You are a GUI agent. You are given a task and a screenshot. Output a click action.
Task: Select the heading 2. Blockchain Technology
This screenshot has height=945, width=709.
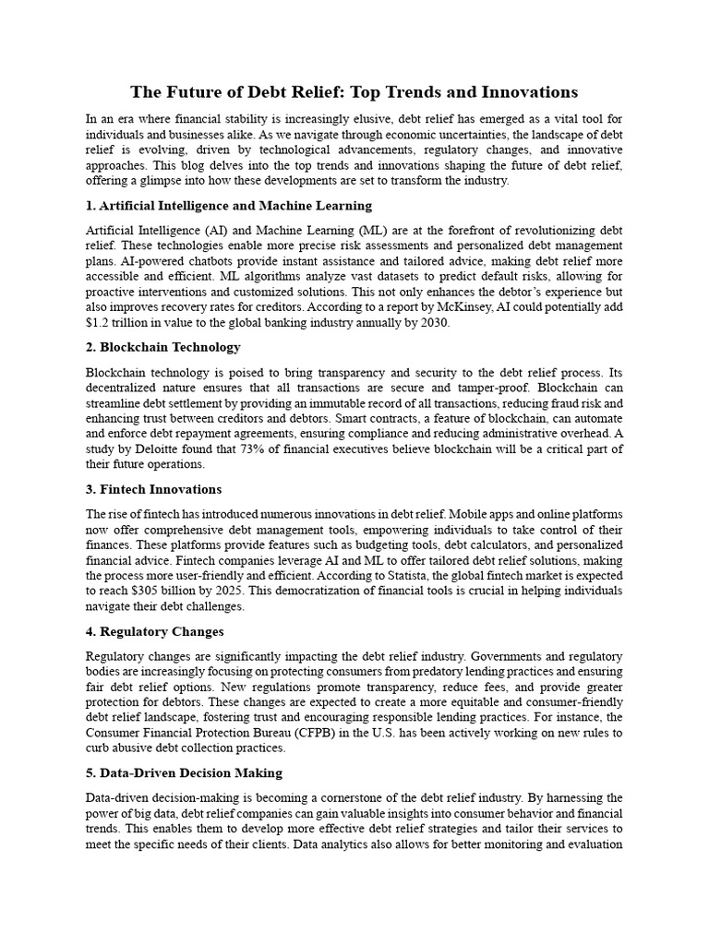tap(163, 347)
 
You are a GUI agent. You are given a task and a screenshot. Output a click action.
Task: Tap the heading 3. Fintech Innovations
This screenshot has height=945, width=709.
tap(154, 489)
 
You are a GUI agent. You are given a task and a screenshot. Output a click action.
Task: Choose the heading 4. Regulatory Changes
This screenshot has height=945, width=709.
tap(155, 631)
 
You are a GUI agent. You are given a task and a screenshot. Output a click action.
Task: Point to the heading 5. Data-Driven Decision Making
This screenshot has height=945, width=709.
tap(185, 772)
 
